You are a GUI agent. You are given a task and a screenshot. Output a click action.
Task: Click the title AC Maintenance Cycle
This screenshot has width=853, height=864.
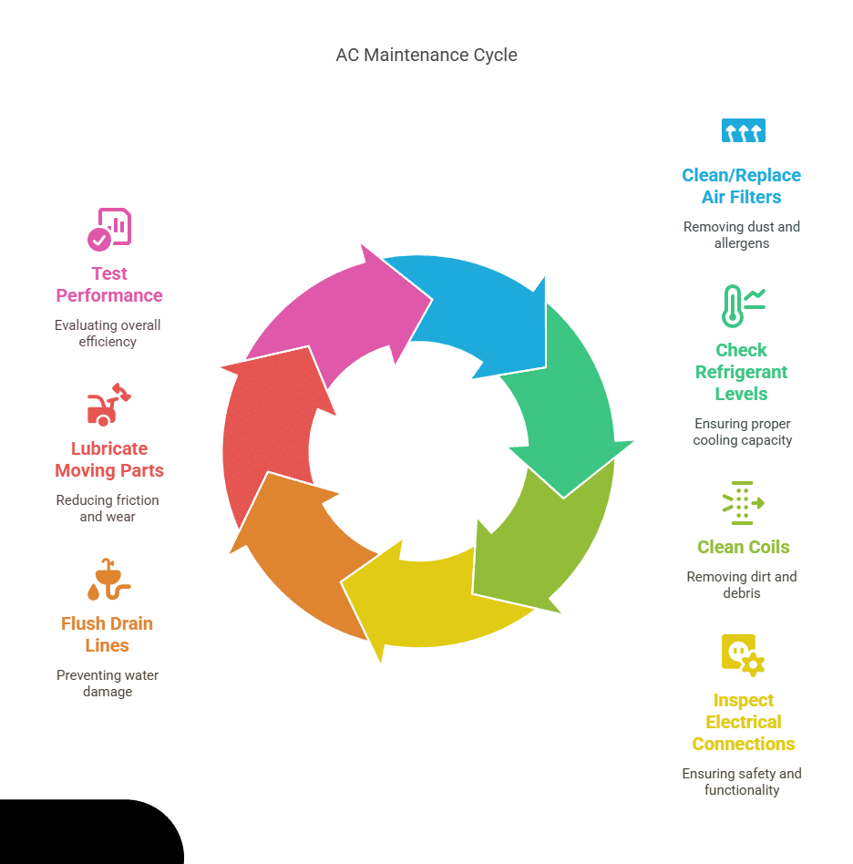tap(426, 56)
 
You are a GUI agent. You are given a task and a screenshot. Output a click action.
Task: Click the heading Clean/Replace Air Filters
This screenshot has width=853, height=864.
tap(742, 186)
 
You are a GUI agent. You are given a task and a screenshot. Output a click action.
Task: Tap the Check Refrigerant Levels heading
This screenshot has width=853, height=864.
tap(742, 372)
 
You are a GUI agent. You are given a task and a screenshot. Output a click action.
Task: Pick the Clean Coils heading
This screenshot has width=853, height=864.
tap(743, 547)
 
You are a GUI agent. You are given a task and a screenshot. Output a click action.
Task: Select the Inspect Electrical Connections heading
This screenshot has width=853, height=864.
tap(743, 722)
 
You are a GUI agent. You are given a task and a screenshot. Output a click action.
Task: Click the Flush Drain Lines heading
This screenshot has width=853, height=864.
tap(108, 634)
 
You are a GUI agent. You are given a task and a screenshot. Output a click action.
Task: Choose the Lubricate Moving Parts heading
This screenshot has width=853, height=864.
tap(108, 459)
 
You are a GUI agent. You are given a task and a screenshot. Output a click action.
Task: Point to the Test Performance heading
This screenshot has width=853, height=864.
tap(108, 284)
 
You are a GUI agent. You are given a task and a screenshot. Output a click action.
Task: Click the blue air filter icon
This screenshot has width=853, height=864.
tap(743, 131)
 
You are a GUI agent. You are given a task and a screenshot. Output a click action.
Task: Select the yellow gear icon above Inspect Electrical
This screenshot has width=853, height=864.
tap(742, 655)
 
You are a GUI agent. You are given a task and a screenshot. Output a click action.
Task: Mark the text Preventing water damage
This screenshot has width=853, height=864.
tap(108, 684)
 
